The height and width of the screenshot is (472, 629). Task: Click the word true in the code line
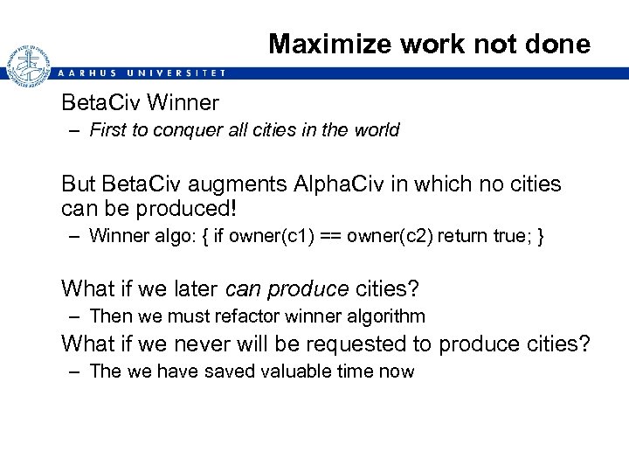(x=505, y=236)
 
